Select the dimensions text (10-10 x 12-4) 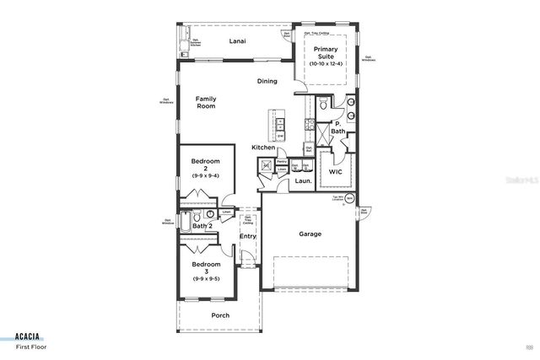326,64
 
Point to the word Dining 267,81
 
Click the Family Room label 207,102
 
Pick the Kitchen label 263,148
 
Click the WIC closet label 334,172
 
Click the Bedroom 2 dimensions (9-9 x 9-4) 205,175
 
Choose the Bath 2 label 201,226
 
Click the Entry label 248,236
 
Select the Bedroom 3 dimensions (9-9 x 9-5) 205,278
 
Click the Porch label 220,316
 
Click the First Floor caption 30,346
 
